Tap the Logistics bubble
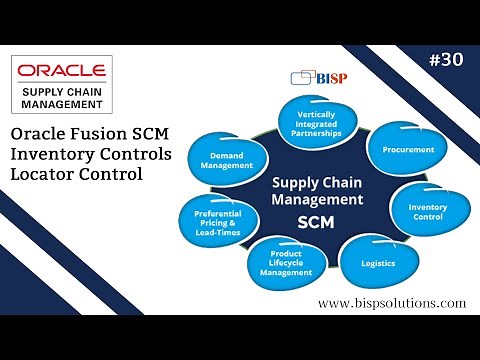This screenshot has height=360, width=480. pos(378,264)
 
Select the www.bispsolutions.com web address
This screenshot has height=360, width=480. pos(392,303)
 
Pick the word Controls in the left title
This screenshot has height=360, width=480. pos(136,154)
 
